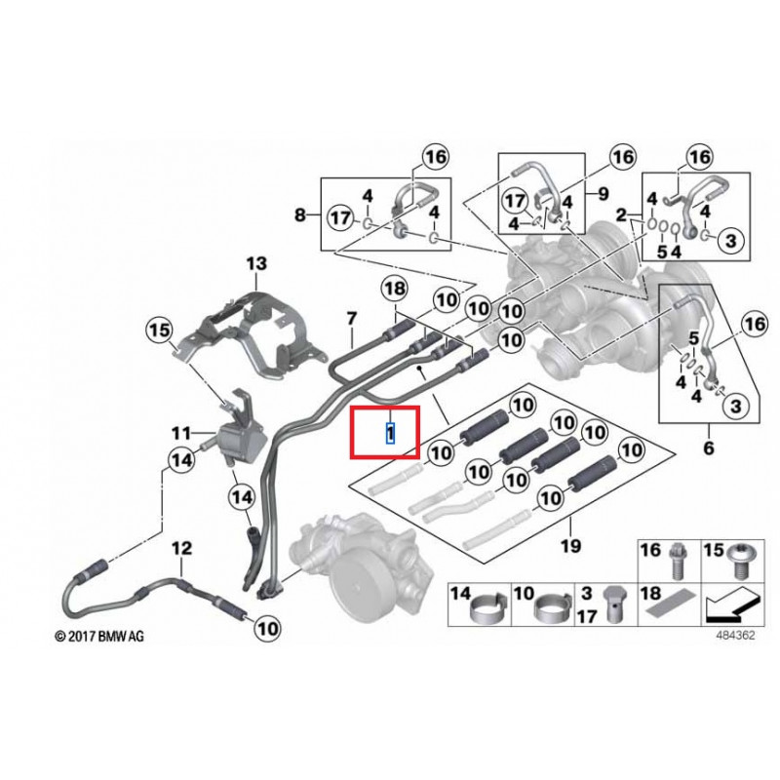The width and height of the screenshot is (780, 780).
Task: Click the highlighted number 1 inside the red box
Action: [x=391, y=432]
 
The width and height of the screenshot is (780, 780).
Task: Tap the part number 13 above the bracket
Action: [x=254, y=263]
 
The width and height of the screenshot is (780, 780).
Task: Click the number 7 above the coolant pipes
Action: [x=352, y=317]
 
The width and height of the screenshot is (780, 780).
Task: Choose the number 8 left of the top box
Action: [x=300, y=214]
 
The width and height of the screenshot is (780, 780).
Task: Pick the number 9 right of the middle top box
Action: [x=603, y=193]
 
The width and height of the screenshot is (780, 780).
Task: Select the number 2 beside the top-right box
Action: [x=621, y=214]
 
